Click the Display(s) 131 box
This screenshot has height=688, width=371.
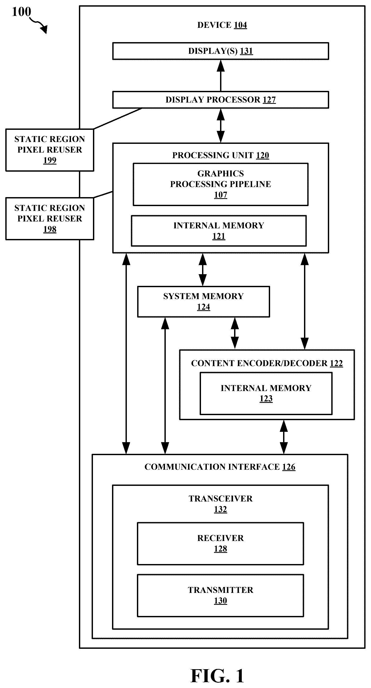coord(221,51)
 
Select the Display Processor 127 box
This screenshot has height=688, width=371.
coord(221,100)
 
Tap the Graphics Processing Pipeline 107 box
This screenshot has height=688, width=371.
coord(221,184)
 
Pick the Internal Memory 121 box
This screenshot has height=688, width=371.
coord(218,231)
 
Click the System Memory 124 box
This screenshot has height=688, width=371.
coord(203,302)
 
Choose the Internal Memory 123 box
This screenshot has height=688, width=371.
coord(266,393)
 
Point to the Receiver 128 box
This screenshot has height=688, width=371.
coord(221,544)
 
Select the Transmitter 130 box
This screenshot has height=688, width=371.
coord(221,595)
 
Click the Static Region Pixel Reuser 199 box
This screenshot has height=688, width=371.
coord(50,150)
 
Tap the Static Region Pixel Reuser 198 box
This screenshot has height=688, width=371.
coord(50,219)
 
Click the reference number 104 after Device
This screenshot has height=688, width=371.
coord(240,25)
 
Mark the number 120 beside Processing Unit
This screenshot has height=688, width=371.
coord(262,156)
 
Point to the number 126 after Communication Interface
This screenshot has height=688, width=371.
coord(289,467)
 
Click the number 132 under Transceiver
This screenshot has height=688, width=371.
coord(221,509)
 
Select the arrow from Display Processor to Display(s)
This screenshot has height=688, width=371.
coord(221,76)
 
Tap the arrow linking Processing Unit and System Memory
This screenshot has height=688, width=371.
coord(203,269)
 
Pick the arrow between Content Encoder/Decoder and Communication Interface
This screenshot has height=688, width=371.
coord(284,437)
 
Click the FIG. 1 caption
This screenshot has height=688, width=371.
coord(217,676)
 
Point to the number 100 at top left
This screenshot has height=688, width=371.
coord(21,12)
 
